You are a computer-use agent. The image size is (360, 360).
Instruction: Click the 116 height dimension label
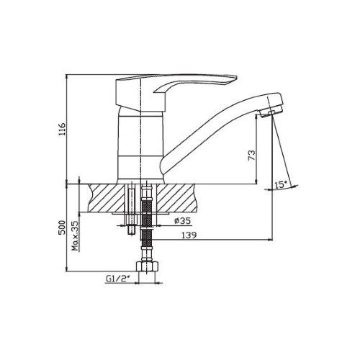tap(62, 129)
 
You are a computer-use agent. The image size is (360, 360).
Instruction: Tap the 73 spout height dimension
tap(251, 156)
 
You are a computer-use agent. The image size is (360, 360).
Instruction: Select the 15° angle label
tap(281, 185)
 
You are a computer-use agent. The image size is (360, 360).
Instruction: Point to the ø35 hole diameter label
tap(183, 221)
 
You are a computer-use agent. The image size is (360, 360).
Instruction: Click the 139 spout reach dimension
tap(189, 235)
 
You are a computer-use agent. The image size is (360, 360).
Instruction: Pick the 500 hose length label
tap(62, 228)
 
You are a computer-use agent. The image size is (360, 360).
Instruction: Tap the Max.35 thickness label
tap(76, 236)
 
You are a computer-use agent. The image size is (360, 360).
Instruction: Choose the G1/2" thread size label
tap(117, 279)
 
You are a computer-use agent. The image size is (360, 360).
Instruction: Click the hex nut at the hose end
tap(148, 266)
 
